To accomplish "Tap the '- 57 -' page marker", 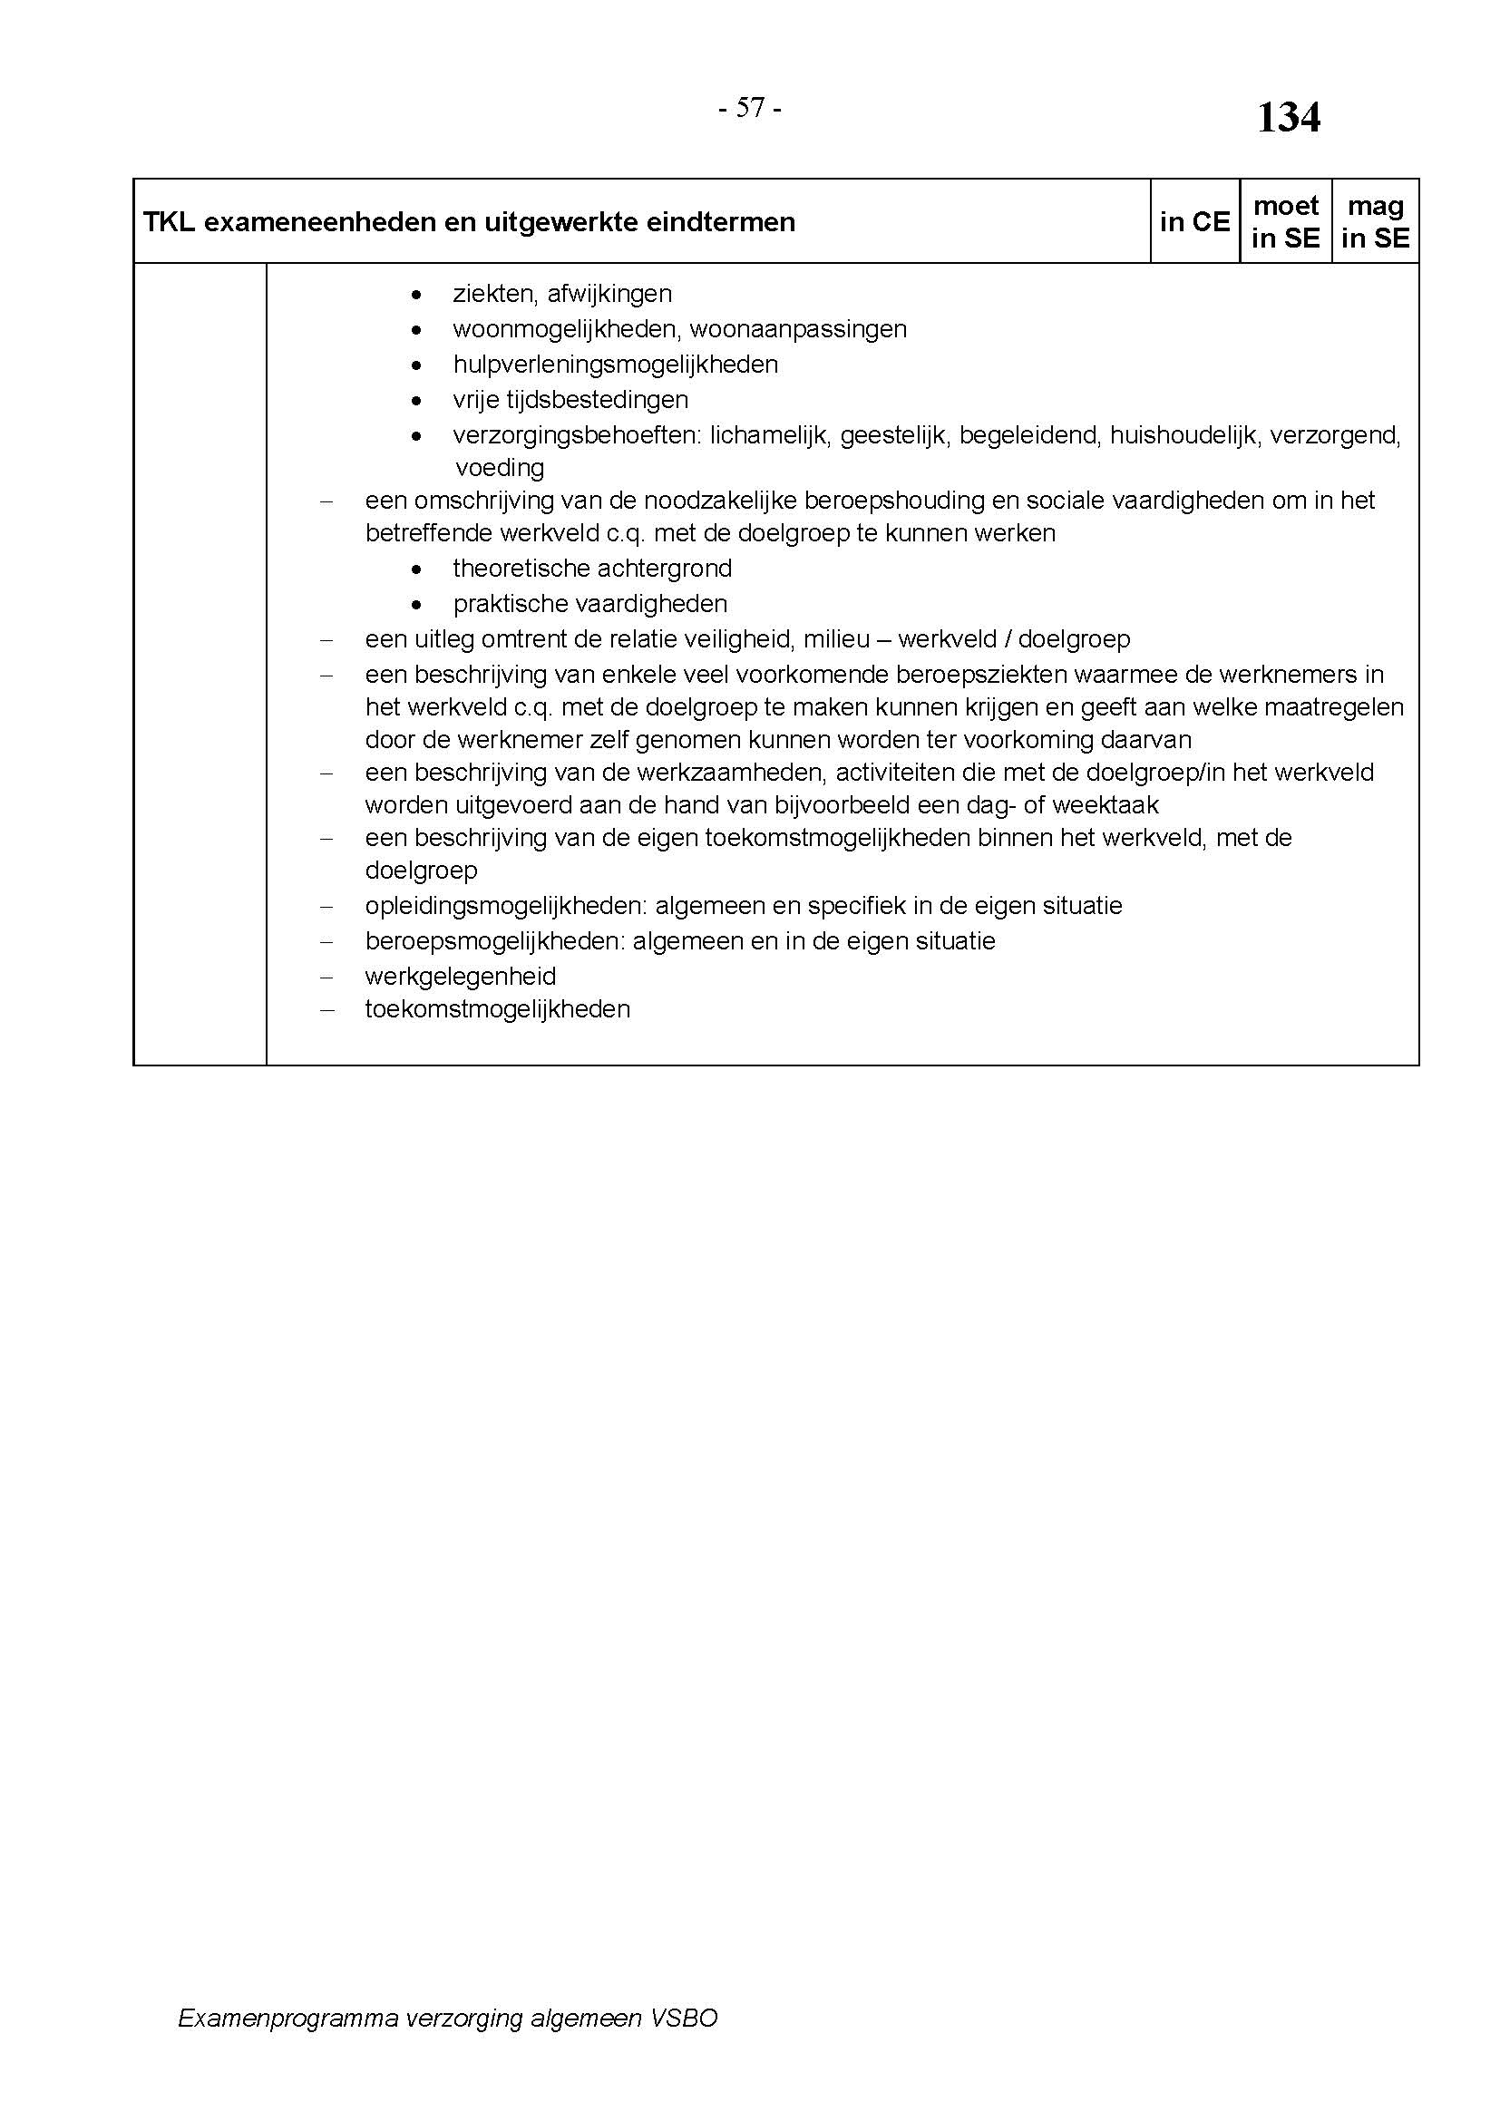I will pos(750,109).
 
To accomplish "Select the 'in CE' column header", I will pos(1194,221).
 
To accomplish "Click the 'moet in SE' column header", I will pos(1285,221).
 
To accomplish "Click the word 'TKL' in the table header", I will pos(168,223).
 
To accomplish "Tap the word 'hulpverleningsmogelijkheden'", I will pos(615,365).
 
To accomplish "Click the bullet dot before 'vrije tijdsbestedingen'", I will pos(417,401).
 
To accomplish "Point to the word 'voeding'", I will pos(499,467).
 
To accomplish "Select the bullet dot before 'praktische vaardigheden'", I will pos(417,605).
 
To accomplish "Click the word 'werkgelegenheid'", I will pos(460,977).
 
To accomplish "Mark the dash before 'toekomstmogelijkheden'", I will pos(326,1009).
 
